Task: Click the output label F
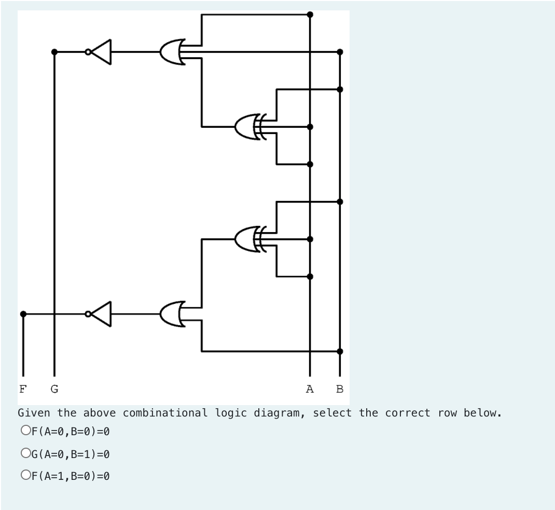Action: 22,388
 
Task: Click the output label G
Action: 54,388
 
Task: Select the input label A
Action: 310,388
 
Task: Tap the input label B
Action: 340,388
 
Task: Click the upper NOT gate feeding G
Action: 102,52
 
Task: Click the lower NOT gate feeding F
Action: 102,314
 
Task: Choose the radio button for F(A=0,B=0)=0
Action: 25,431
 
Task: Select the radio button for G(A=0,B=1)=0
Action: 25,453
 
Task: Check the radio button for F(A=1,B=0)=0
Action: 25,475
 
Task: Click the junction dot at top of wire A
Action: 310,15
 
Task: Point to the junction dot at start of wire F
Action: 22,314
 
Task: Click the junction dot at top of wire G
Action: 54,52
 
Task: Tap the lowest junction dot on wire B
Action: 340,351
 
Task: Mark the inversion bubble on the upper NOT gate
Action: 88,52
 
